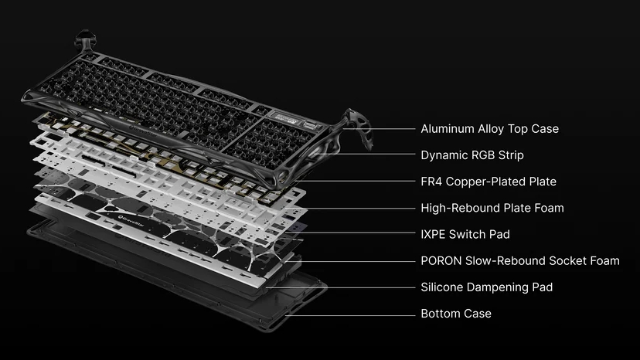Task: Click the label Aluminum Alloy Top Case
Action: [x=489, y=129]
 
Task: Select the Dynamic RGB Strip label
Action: [x=471, y=155]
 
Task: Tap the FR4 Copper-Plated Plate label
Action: [x=489, y=182]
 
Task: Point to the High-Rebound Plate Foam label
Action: [x=492, y=208]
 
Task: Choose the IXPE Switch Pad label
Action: [x=465, y=234]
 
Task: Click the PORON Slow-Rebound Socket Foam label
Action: [x=520, y=261]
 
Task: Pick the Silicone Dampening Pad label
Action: [x=486, y=287]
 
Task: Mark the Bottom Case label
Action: [x=456, y=314]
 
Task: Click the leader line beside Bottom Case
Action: [x=350, y=315]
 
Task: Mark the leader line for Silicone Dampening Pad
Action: [x=340, y=287]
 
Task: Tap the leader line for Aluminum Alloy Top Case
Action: [x=380, y=128]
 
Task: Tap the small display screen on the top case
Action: [x=285, y=118]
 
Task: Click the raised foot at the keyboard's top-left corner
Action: [x=86, y=40]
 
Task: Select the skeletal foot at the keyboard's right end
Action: [x=357, y=127]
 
